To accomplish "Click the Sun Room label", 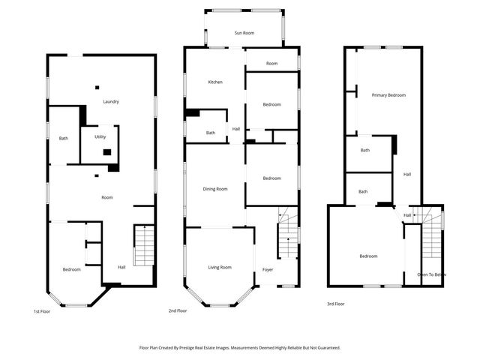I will tap(244, 33).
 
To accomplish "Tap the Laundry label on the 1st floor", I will tap(112, 102).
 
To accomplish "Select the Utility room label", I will tap(100, 137).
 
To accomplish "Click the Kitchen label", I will tap(215, 82).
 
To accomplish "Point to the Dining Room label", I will tap(215, 189).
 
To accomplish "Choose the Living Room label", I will tap(220, 267).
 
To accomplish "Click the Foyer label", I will tap(268, 269).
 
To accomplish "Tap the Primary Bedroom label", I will tap(388, 95).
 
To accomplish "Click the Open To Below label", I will tap(432, 274).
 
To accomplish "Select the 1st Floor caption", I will tap(42, 310).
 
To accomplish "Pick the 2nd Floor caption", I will tap(178, 310).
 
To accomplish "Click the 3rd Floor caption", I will tap(335, 304).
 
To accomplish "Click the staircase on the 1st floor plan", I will tap(143, 245).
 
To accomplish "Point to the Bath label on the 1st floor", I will tap(64, 138).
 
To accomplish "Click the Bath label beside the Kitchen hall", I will tap(211, 133).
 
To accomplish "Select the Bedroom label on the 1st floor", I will tap(71, 269).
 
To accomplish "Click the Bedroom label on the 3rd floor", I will tap(368, 256).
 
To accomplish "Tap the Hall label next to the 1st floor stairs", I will tap(121, 267).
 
